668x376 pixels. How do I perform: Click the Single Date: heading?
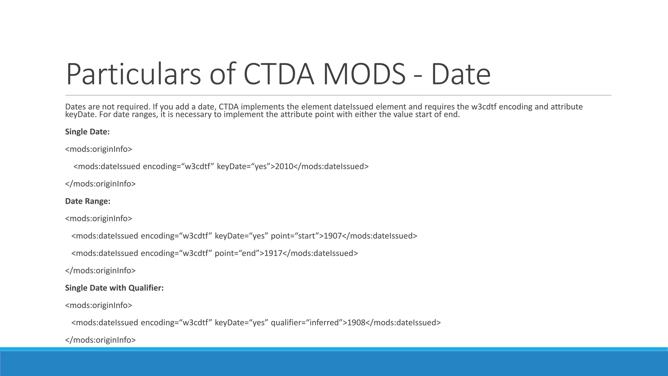point(87,132)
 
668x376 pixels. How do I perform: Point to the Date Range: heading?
point(88,201)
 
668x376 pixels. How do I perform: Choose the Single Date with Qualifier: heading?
point(114,288)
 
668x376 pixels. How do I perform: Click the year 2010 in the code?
point(284,166)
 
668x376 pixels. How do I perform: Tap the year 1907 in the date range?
point(332,236)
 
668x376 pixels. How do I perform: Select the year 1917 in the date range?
point(273,253)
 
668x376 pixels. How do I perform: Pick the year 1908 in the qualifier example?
point(356,323)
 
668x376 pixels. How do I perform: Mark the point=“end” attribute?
point(237,253)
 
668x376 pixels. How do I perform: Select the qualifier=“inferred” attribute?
point(307,323)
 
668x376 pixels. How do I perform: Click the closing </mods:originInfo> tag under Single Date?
point(100,184)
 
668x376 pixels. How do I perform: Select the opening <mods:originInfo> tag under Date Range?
point(99,219)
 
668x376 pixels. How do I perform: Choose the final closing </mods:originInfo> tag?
point(100,340)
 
